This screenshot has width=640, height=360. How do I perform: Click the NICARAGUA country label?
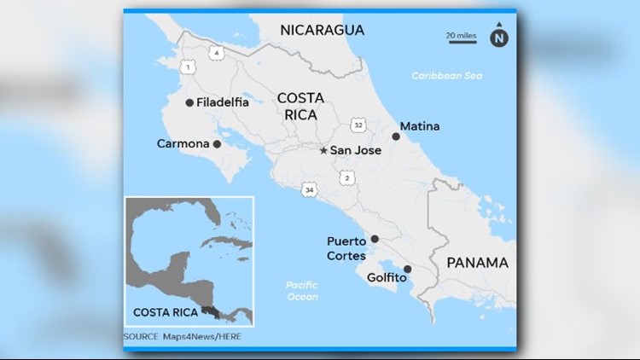[323, 30]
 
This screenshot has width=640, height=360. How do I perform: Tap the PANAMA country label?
[478, 263]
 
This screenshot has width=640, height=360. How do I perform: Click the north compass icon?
[497, 37]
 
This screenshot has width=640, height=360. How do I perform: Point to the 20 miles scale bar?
[462, 37]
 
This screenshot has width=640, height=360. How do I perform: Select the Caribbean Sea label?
[446, 76]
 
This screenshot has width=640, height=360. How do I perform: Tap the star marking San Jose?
[323, 151]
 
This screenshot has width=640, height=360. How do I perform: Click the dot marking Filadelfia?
[189, 102]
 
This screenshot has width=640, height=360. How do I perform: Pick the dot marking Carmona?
[217, 144]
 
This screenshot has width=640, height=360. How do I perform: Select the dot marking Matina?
[395, 136]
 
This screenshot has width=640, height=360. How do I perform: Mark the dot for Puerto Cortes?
[375, 240]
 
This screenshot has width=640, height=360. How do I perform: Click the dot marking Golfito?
[407, 270]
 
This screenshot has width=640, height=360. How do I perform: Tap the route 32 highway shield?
[359, 125]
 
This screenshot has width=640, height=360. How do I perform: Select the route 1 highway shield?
[187, 66]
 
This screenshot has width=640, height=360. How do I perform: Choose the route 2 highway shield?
[346, 177]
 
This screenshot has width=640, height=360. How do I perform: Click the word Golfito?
[385, 277]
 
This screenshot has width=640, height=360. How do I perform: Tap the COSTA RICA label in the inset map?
[160, 311]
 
